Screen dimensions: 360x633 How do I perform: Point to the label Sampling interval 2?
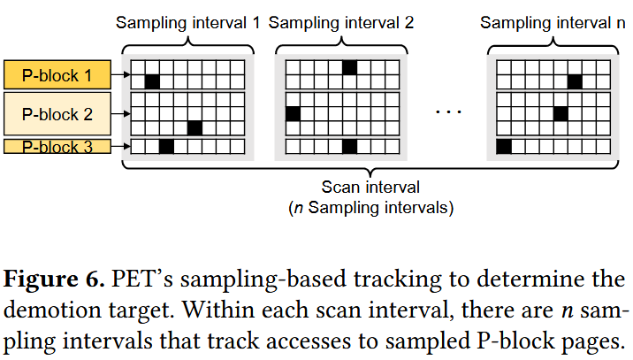[340, 22]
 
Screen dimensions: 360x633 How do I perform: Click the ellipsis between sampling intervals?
[449, 112]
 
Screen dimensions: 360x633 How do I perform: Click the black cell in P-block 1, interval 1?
[152, 81]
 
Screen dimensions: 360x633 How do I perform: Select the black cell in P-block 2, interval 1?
[194, 127]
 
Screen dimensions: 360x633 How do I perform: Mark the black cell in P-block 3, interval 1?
[166, 146]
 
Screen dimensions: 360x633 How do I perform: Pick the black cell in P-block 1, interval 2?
[349, 67]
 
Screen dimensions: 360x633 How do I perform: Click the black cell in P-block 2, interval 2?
[293, 113]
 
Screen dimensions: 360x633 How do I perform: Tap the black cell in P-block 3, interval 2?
[349, 146]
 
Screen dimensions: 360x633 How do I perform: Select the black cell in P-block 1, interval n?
[575, 81]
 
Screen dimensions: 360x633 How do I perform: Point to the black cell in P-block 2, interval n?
[561, 113]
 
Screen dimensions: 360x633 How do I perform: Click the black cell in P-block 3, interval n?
[504, 146]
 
